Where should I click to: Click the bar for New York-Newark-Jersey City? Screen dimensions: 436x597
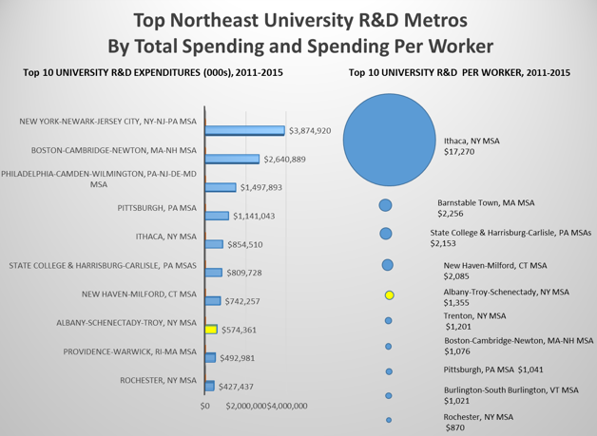(x=244, y=130)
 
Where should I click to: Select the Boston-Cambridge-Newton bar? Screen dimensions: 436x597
(x=232, y=159)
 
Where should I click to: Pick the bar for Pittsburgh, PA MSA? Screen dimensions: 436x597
(x=217, y=216)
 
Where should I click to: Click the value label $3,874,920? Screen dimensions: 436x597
(x=309, y=130)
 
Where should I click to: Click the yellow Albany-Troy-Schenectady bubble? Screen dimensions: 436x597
(x=389, y=295)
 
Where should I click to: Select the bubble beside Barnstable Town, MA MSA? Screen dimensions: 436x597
(x=386, y=205)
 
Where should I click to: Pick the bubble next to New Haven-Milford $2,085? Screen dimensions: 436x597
(x=388, y=265)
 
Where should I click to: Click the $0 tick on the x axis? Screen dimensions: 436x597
(x=204, y=407)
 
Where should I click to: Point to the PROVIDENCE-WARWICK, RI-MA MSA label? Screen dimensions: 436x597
(x=130, y=351)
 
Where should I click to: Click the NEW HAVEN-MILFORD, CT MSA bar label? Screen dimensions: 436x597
(x=140, y=294)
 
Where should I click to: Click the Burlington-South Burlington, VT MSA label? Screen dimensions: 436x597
(x=510, y=389)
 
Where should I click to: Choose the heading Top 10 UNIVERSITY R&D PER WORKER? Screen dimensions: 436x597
(x=459, y=72)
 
